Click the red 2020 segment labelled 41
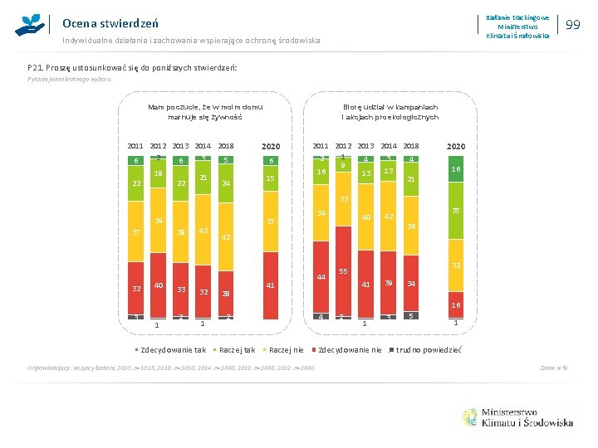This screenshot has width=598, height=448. point(270,286)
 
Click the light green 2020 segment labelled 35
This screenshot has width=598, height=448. point(455,211)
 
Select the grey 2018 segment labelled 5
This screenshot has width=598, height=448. point(410,315)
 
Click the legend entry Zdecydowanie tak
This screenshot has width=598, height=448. point(173,349)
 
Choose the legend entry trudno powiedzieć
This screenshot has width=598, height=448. point(428,349)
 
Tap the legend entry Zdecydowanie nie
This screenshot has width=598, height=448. point(349,349)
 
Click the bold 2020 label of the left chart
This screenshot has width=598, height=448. point(270,146)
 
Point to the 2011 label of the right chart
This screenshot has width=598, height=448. point(321,145)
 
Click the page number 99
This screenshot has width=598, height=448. point(572,26)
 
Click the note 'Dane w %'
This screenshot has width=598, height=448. point(554,368)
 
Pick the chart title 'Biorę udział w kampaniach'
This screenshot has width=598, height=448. point(390,107)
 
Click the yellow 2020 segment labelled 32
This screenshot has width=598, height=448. point(455,265)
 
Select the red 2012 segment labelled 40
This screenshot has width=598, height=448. point(158,286)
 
